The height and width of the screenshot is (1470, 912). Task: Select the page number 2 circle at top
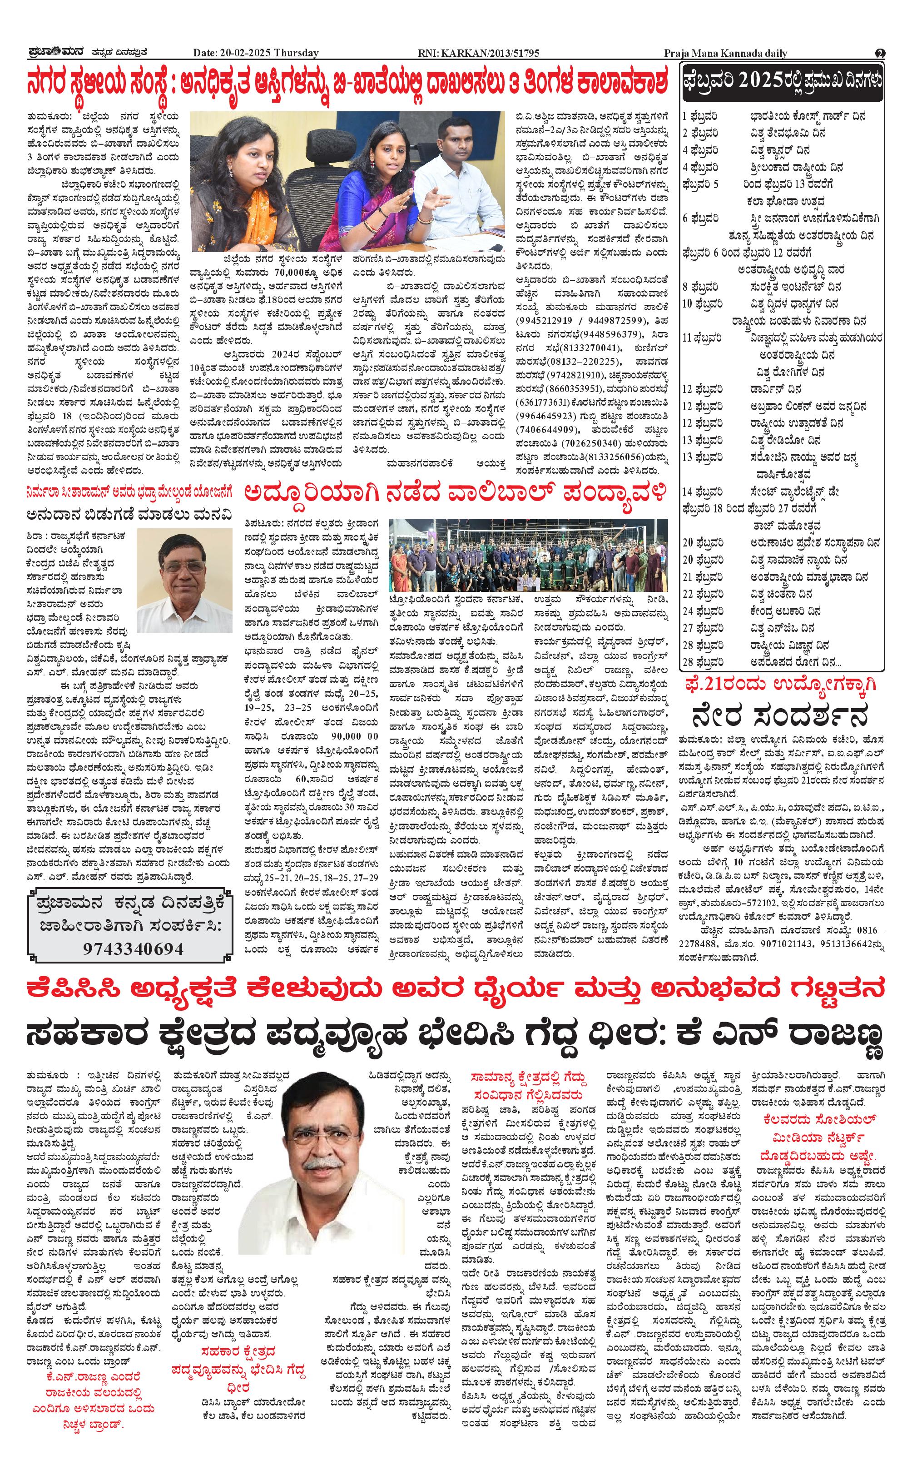pos(880,53)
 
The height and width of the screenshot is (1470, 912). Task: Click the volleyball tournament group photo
pos(528,555)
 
